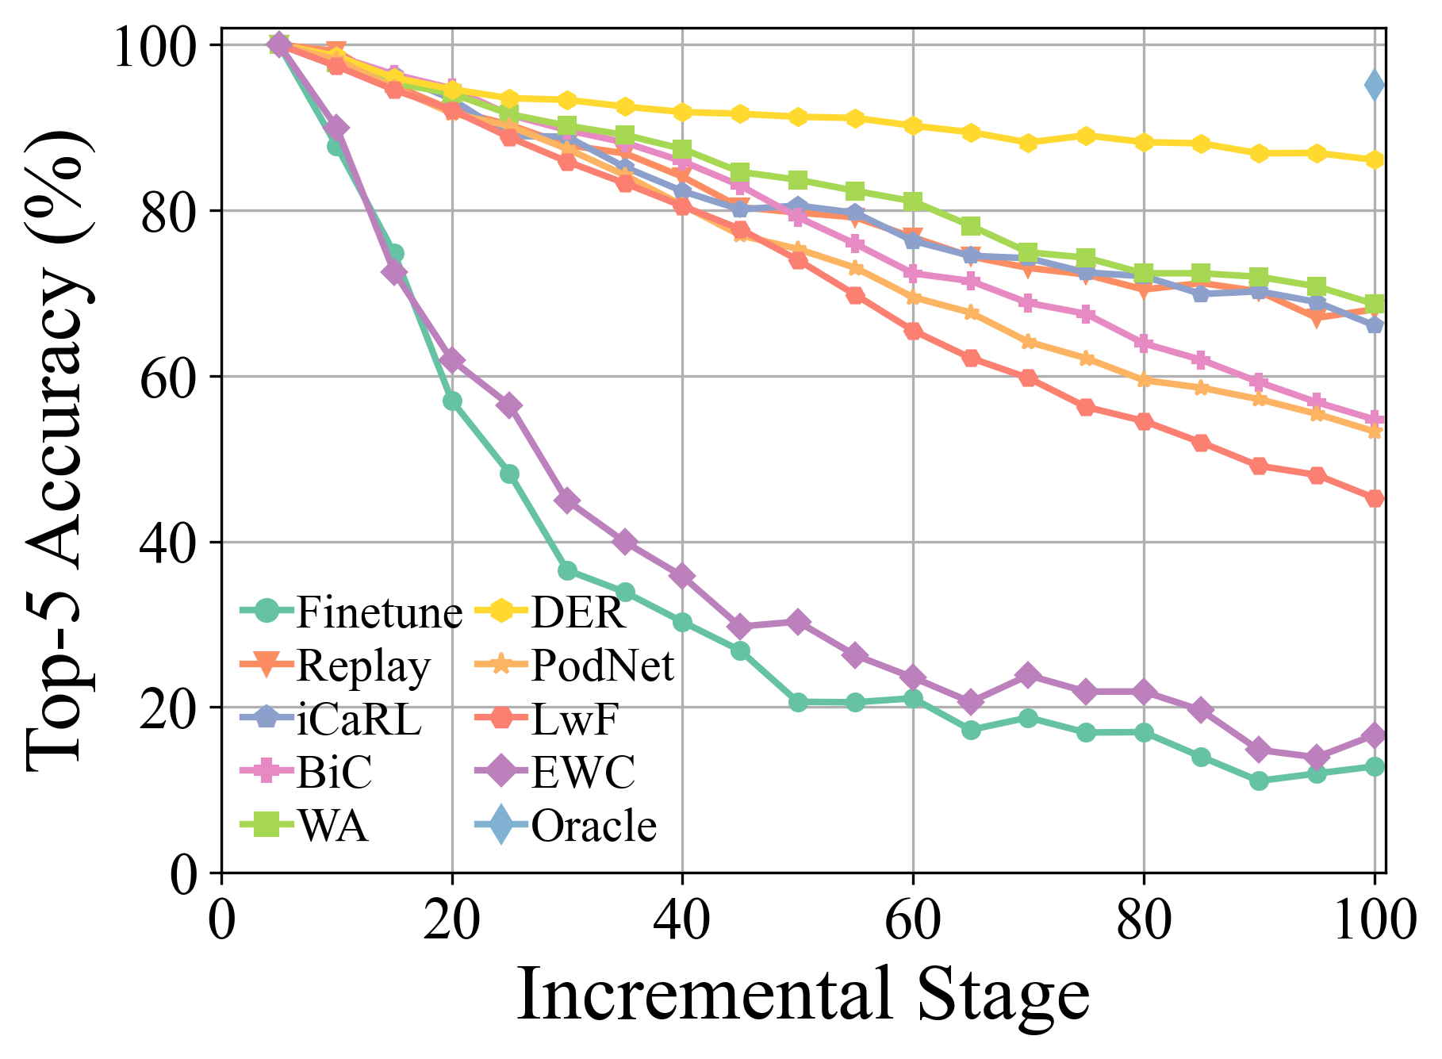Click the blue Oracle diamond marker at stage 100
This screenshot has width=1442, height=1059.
tap(1375, 86)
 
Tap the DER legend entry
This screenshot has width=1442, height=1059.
tap(550, 612)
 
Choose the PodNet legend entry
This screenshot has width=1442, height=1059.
tap(574, 666)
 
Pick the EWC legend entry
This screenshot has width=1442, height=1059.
tap(555, 772)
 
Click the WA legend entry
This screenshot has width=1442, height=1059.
tap(305, 826)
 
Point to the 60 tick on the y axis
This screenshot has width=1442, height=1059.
tap(168, 378)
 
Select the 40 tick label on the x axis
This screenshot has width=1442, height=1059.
tap(682, 920)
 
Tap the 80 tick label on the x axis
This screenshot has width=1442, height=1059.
tap(1143, 920)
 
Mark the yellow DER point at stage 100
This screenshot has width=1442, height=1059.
tap(1375, 160)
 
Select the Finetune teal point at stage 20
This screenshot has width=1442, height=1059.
tap(452, 401)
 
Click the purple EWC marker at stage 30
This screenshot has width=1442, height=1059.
tap(567, 501)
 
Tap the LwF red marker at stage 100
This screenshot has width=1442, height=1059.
tap(1375, 498)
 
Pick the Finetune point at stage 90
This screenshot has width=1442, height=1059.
tap(1259, 781)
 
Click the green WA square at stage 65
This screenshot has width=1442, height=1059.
tap(971, 227)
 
